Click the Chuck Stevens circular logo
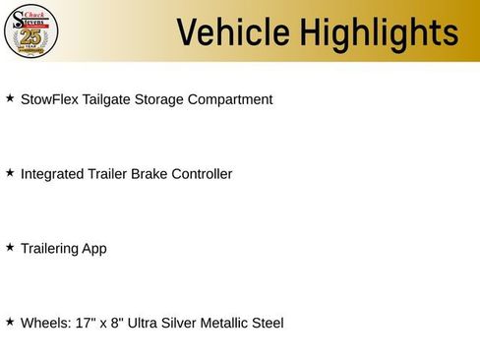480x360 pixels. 31,30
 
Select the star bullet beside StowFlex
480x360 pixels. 10,99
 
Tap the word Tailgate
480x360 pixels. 114,99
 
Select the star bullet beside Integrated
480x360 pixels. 10,173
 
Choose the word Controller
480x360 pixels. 203,174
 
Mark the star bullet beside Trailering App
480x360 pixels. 10,248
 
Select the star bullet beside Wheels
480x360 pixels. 10,322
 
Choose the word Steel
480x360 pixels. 266,323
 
